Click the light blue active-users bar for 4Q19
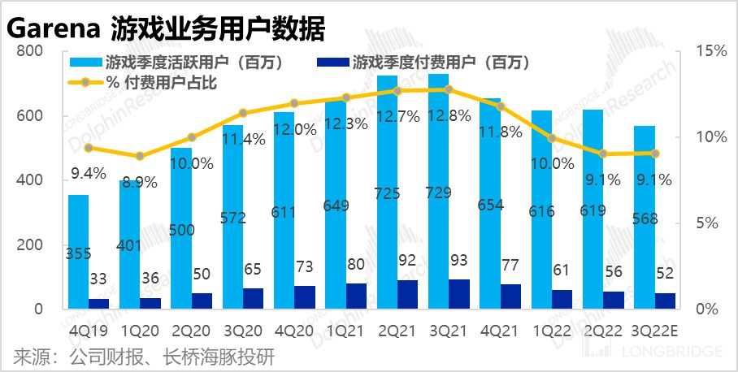[x=78, y=252]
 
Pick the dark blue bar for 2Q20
[x=202, y=301]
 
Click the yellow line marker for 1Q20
[x=140, y=156]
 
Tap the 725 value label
[x=388, y=195]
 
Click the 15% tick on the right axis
[x=712, y=51]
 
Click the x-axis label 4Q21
[x=501, y=331]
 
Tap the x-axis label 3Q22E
[x=655, y=331]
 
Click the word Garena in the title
[x=54, y=30]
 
